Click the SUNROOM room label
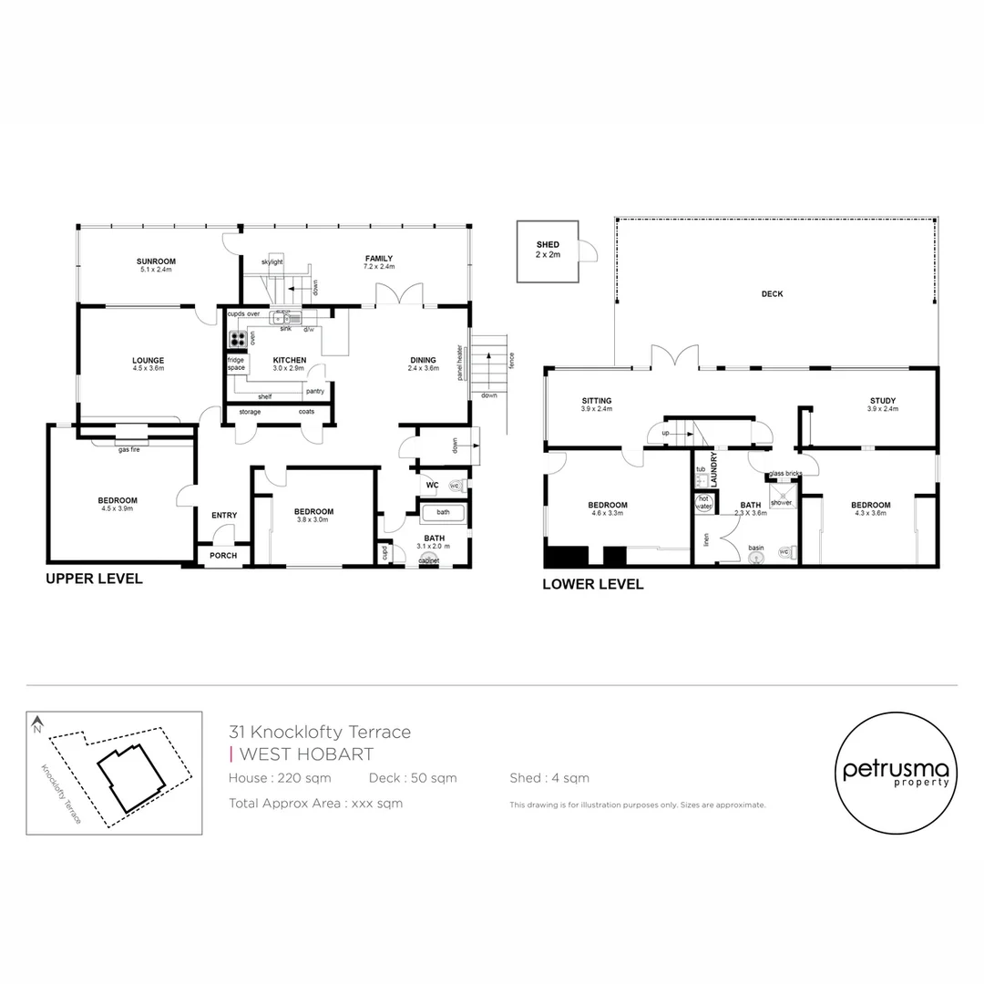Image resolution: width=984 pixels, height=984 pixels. pos(157,261)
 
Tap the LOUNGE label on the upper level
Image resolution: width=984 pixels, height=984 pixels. pos(148,361)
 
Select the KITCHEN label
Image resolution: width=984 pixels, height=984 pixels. pos(290,360)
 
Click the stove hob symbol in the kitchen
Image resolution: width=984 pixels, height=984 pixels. pos(237,339)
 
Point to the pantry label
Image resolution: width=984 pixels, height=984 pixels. pos(315,391)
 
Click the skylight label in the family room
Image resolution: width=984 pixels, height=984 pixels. pos(272,261)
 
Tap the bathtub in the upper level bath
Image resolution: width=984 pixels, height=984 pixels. pos(443,513)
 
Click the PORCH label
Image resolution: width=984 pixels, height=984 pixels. pos(223,556)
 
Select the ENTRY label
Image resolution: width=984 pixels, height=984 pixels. pos(224,516)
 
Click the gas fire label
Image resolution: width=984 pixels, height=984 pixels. pos(128,448)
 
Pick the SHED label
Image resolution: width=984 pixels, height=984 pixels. pos(548,245)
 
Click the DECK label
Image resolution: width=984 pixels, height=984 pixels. pos(772,294)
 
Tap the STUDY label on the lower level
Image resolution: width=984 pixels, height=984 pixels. pos(882,401)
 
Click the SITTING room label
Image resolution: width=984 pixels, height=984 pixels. pos(597,401)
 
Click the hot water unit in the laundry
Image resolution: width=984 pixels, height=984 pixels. pos(703,502)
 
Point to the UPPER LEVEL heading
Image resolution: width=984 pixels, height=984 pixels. pos(94,579)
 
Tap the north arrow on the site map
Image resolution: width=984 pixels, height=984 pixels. pos(37,726)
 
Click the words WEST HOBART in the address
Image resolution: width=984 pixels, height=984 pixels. pos(305,754)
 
